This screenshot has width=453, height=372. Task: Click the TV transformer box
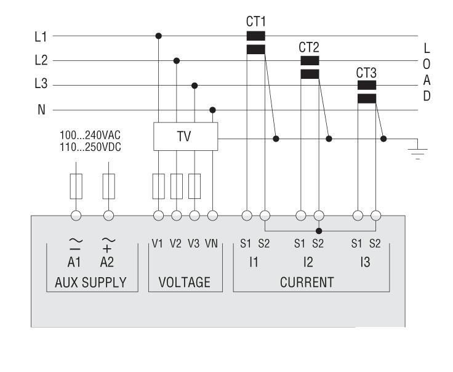pyautogui.click(x=185, y=137)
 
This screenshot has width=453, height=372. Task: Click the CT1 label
pyautogui.click(x=255, y=22)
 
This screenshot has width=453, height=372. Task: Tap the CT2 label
pyautogui.click(x=309, y=47)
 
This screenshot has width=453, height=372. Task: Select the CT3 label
pyautogui.click(x=366, y=73)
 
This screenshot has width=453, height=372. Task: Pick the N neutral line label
pyautogui.click(x=41, y=110)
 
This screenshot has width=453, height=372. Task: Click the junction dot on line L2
pyautogui.click(x=177, y=60)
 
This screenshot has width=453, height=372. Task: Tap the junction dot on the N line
pyautogui.click(x=213, y=110)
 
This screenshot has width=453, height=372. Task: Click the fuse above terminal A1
pyautogui.click(x=76, y=186)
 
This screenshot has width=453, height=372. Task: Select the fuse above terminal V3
pyautogui.click(x=194, y=186)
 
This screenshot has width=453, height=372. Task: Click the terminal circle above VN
pyautogui.click(x=213, y=216)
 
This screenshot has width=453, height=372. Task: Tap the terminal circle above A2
pyautogui.click(x=109, y=216)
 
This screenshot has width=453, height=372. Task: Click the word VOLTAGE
pyautogui.click(x=185, y=283)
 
